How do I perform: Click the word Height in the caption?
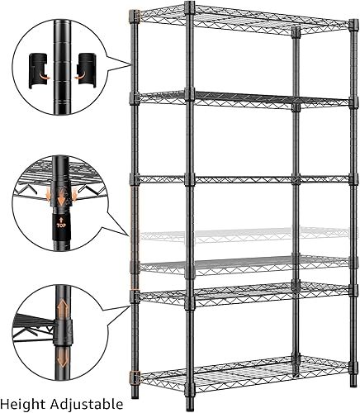[x=26, y=404]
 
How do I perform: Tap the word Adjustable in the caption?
[x=88, y=404]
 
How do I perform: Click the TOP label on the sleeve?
[x=60, y=223]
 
